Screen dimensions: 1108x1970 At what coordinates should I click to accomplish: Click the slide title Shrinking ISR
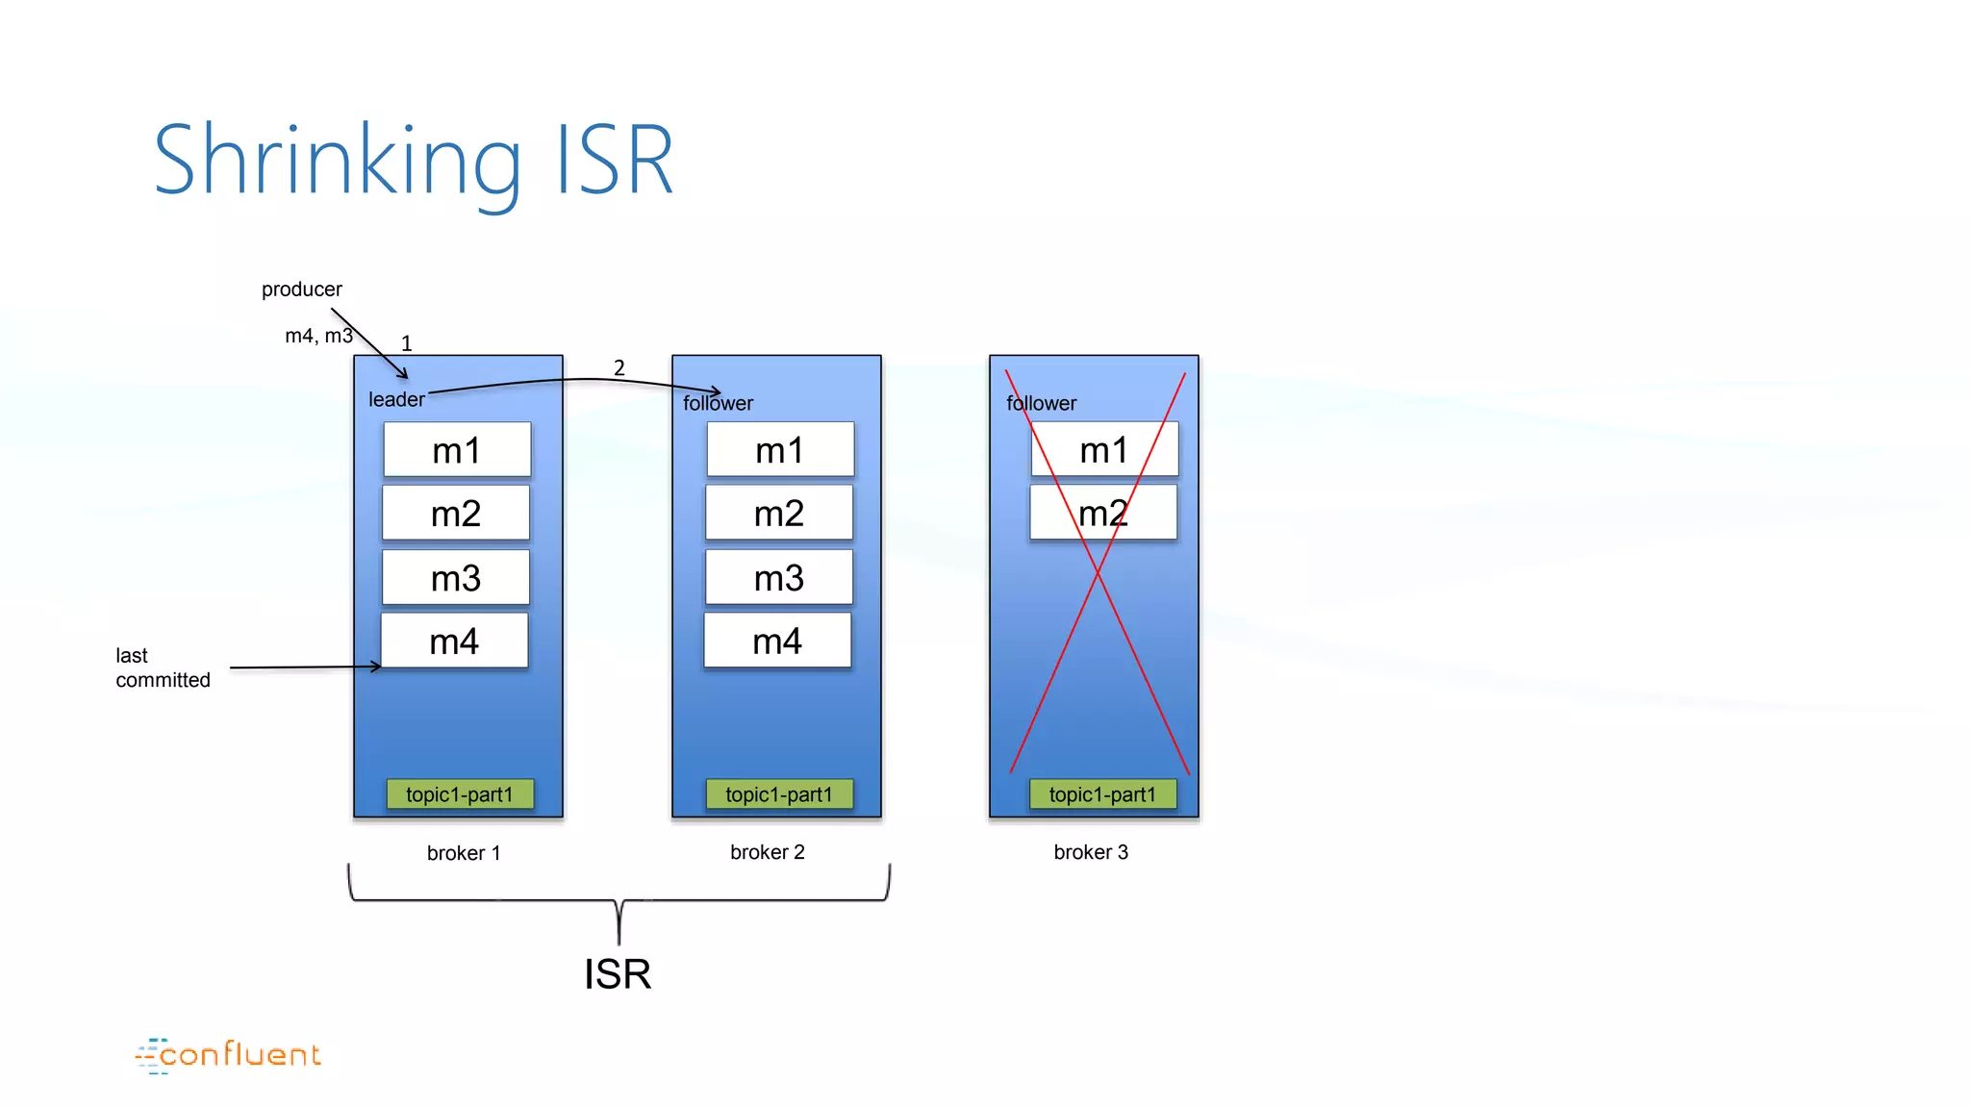(x=414, y=161)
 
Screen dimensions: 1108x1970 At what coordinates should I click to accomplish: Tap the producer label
(x=301, y=290)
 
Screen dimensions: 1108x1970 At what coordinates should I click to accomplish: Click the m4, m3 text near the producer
(x=318, y=336)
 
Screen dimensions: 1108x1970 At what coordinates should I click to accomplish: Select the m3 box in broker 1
(x=456, y=578)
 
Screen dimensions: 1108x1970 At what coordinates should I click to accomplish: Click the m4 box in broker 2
(x=777, y=642)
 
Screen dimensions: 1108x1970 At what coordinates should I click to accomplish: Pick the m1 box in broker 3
(x=1104, y=449)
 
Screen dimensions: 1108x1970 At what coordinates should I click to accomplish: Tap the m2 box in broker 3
(x=1103, y=513)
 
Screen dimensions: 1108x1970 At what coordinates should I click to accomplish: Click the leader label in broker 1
(x=396, y=400)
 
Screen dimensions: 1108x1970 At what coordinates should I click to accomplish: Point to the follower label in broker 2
(x=718, y=404)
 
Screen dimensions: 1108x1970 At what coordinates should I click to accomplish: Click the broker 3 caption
(x=1091, y=852)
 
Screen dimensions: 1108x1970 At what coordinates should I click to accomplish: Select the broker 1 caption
(x=463, y=853)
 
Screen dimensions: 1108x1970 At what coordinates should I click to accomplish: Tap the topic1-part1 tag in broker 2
(x=779, y=794)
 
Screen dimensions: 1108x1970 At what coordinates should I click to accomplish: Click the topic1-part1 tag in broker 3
(x=1102, y=794)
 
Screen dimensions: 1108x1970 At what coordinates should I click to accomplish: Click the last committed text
(x=162, y=667)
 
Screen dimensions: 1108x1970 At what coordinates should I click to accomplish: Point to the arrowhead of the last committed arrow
(x=378, y=666)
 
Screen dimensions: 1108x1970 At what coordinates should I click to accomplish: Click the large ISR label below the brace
(x=618, y=974)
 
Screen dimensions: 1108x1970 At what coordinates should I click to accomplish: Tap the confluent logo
(x=228, y=1055)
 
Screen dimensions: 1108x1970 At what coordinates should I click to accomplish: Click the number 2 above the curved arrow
(x=619, y=368)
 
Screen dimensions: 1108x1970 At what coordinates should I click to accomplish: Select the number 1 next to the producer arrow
(x=406, y=343)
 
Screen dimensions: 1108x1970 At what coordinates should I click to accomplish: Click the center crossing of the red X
(x=1098, y=573)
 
